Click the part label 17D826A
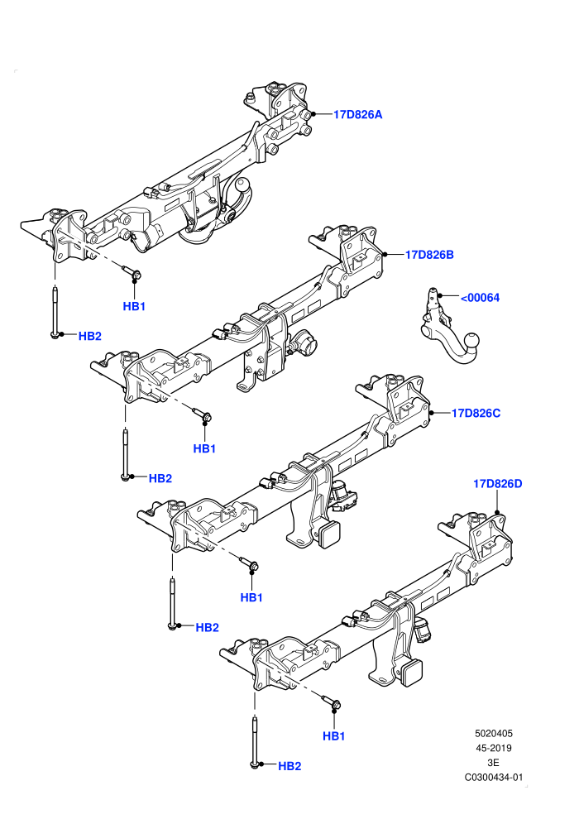(357, 114)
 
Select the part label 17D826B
(429, 255)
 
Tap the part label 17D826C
(476, 413)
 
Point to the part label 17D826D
(498, 484)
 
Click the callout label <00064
(480, 298)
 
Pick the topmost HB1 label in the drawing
(134, 307)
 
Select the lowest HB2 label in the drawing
(289, 766)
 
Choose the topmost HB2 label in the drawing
(90, 337)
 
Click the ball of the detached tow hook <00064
(471, 341)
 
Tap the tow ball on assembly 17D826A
(243, 184)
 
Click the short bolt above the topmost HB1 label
(132, 271)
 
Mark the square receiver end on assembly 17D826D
(412, 671)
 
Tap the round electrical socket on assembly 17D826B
(304, 342)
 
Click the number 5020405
(494, 733)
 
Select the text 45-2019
(494, 748)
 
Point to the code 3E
(493, 763)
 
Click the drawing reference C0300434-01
(494, 778)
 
